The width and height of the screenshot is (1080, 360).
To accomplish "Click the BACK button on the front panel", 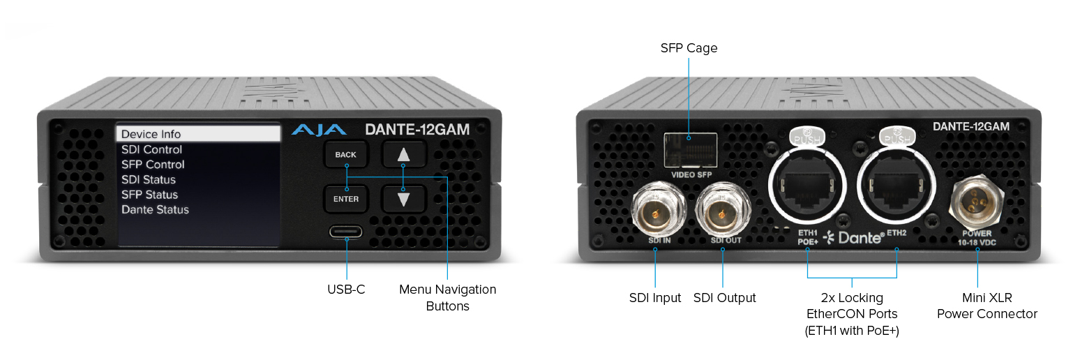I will [345, 154].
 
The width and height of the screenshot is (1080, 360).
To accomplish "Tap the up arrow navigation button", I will [403, 154].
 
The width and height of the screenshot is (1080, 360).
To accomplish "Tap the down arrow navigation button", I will [403, 199].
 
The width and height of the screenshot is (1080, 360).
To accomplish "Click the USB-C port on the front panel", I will [347, 232].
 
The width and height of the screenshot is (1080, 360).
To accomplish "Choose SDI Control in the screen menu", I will [151, 149].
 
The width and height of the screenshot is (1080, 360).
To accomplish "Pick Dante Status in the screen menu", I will [155, 209].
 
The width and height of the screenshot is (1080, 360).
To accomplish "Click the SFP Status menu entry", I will [149, 195].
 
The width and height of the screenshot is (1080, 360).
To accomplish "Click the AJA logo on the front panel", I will [319, 130].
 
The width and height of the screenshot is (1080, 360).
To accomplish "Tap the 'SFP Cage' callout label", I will [689, 48].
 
